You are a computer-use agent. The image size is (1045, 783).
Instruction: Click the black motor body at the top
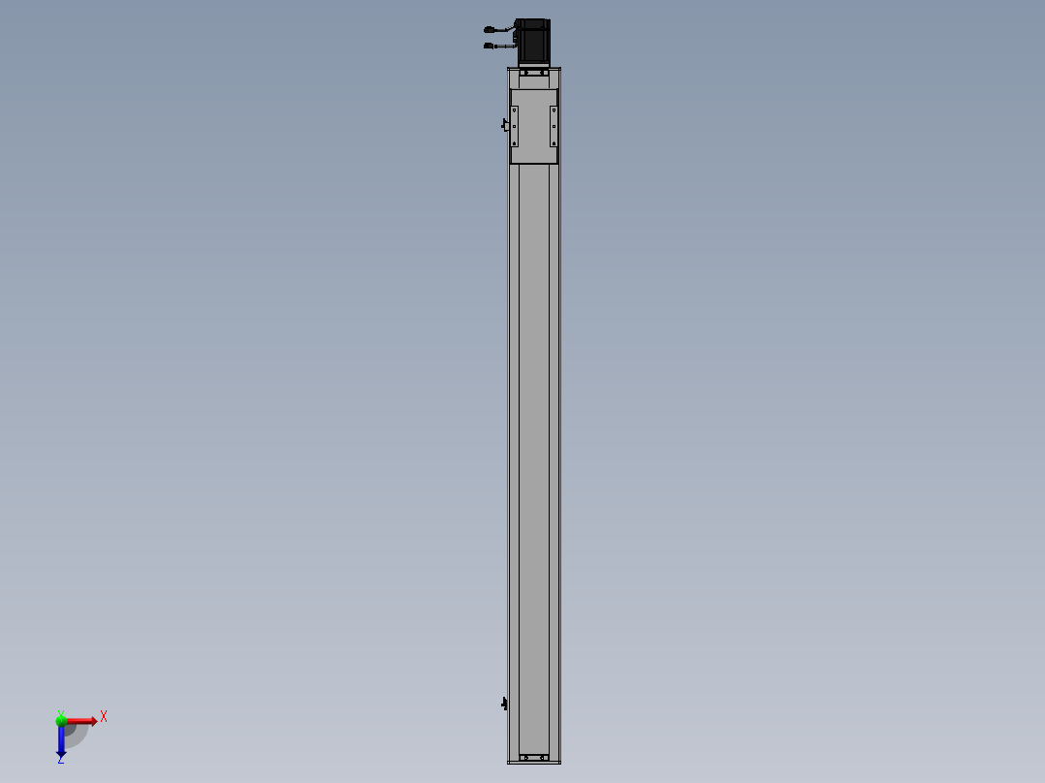click(x=532, y=42)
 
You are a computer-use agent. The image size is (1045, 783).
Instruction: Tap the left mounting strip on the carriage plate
click(x=515, y=126)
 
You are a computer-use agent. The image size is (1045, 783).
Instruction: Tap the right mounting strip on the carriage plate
click(x=554, y=126)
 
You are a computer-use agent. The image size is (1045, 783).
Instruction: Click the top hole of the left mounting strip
click(x=515, y=111)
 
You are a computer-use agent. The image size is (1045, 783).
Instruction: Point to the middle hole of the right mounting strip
click(x=554, y=126)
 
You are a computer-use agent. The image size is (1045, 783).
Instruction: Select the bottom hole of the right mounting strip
click(x=554, y=141)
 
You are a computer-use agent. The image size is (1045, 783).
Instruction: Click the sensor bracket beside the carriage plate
click(x=504, y=125)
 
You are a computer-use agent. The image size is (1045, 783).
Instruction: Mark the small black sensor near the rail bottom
click(x=504, y=703)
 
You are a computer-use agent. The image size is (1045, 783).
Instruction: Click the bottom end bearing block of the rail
click(x=534, y=757)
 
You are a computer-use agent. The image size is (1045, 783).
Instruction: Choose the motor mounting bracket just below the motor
click(x=534, y=72)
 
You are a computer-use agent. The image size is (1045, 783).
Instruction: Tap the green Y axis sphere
click(x=61, y=719)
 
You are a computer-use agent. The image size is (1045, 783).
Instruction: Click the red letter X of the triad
click(x=103, y=717)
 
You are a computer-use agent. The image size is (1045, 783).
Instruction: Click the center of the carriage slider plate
click(x=534, y=126)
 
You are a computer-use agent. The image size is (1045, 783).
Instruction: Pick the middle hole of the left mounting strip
click(x=515, y=126)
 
